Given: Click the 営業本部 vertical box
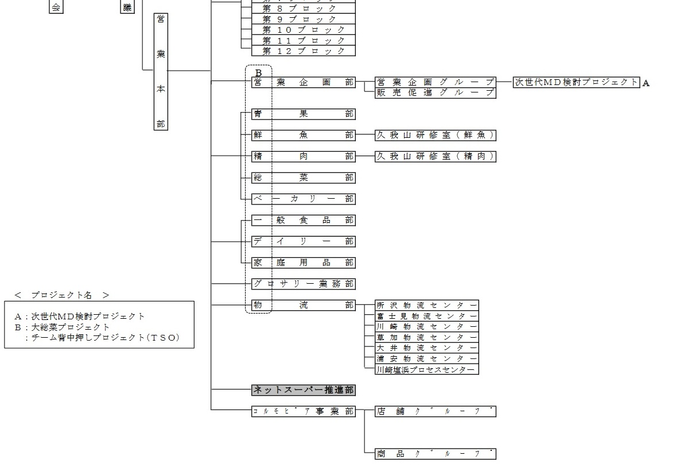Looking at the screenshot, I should pos(161,71).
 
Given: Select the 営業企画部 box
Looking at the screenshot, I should pos(304,82).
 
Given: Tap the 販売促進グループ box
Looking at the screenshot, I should pos(435,92).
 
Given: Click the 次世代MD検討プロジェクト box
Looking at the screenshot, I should pos(576,82).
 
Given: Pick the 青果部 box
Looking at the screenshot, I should pos(304,114).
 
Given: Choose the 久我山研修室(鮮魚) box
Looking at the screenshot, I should pos(435,135).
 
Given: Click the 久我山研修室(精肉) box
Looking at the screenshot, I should pos(435,156).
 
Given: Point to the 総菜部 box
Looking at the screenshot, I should pos(304,177).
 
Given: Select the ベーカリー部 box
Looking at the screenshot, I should pos(304,199).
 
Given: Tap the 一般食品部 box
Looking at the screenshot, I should pos(304,220).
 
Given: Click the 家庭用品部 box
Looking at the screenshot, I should pos(304,262).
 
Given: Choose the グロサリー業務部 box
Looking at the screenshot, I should pos(304,284).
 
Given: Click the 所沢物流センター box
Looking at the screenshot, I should pos(426,305).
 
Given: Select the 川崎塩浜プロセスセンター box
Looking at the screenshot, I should pos(426,369).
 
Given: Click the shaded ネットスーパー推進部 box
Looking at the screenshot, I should pos(304,390).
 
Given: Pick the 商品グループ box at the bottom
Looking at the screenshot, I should pos(435,454).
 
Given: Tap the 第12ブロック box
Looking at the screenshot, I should pos(304,51).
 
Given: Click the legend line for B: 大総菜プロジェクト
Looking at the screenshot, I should pos(63,327).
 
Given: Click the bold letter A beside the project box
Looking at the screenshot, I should pos(646,83).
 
